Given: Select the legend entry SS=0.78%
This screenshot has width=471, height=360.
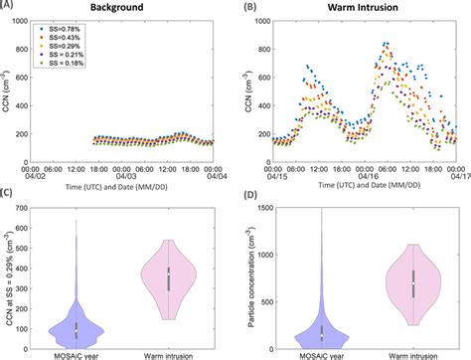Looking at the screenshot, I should (x=83, y=31).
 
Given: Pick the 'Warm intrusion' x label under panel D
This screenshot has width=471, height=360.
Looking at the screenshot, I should (x=406, y=352).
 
